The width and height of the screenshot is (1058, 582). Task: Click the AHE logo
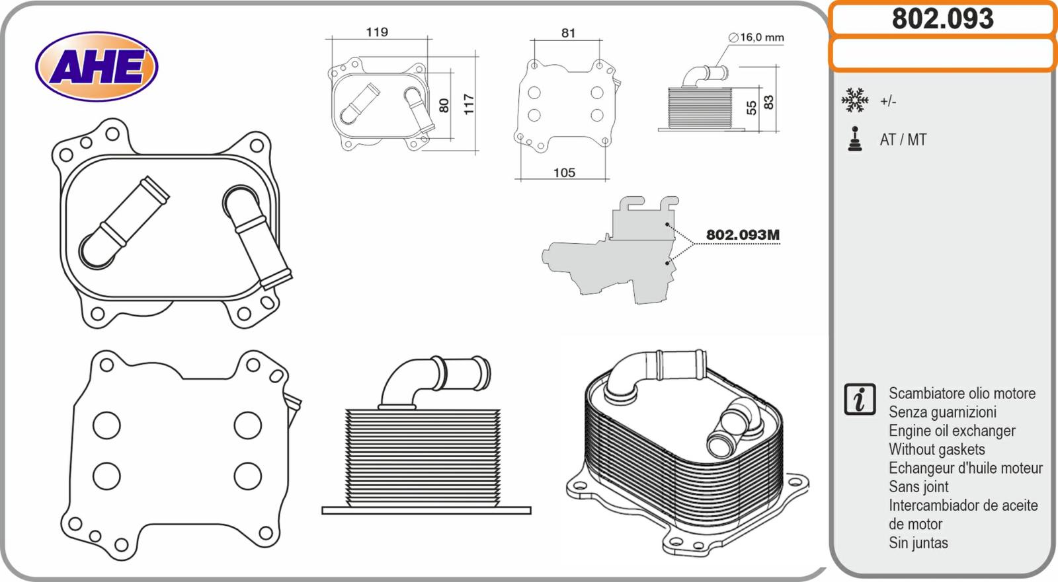[97, 67]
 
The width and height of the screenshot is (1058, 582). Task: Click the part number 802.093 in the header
[942, 18]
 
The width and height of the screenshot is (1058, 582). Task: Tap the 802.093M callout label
[743, 235]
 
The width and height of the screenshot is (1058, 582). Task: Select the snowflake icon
[854, 100]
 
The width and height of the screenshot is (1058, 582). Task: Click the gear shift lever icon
[855, 139]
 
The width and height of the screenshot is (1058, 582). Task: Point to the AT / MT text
[903, 140]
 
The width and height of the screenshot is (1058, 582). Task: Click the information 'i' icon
[860, 399]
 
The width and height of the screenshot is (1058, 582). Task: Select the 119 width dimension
[377, 32]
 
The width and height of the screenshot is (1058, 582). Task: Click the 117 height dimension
[469, 104]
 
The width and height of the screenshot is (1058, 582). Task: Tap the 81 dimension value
[568, 32]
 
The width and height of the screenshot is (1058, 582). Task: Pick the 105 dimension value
[564, 172]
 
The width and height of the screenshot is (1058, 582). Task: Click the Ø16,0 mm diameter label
[756, 38]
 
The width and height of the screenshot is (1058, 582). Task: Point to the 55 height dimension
[752, 108]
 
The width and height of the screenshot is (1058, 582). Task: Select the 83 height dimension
[768, 102]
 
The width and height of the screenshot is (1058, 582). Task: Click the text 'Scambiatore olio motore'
[961, 394]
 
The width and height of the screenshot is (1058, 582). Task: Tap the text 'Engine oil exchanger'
[952, 431]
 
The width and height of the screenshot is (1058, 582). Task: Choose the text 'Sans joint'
[918, 487]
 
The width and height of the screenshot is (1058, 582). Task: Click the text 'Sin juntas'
[918, 543]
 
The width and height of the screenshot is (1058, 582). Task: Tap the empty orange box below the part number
[942, 54]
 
